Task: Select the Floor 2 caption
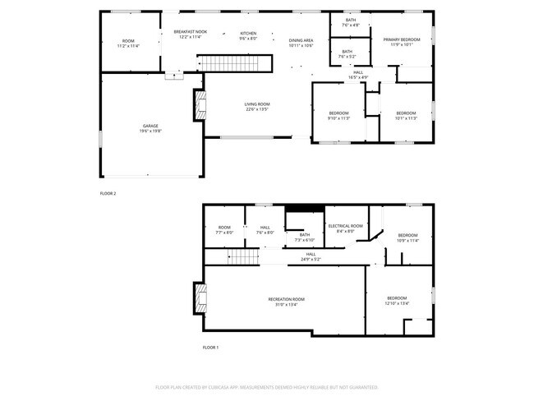click(108, 194)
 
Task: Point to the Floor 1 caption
click(211, 348)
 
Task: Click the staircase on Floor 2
click(237, 63)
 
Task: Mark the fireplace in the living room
click(199, 106)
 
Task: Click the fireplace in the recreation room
click(199, 299)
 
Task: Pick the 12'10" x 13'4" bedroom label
click(397, 300)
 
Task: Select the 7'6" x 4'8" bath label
click(351, 22)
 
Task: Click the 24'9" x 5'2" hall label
click(311, 256)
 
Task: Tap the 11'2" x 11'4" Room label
click(128, 43)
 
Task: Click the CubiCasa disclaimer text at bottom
click(266, 386)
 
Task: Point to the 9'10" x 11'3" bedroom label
click(338, 115)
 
